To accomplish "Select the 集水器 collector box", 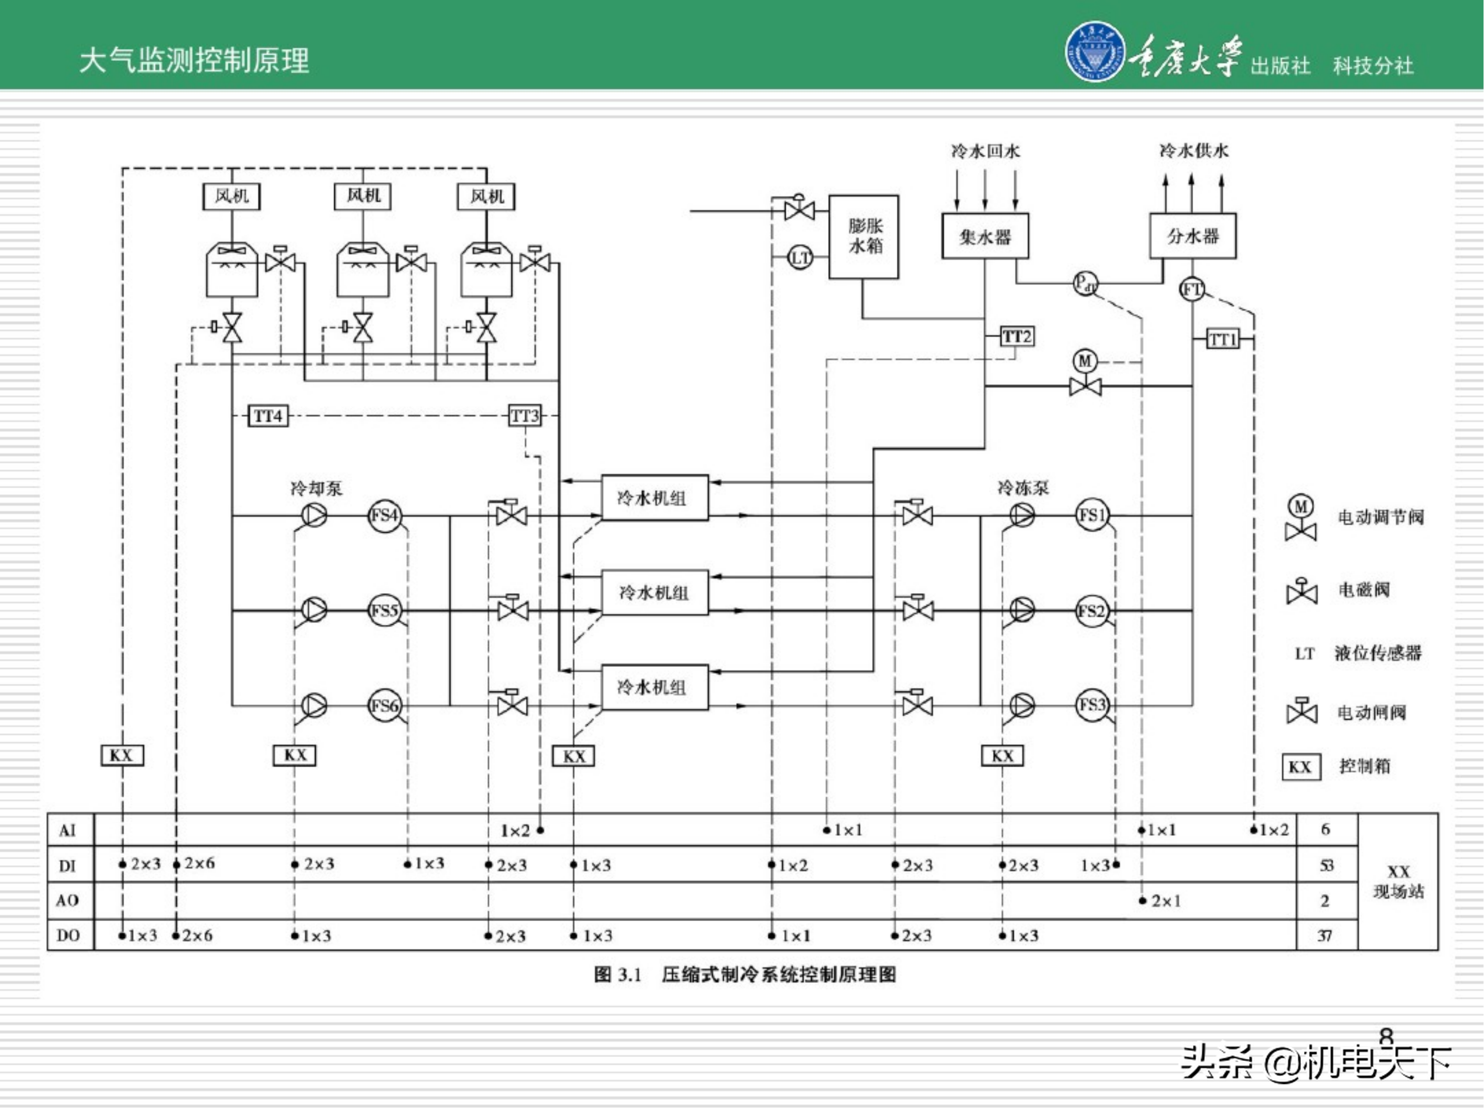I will click(x=984, y=236).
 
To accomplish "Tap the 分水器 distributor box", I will click(x=1192, y=236).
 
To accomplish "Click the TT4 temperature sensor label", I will click(x=268, y=416).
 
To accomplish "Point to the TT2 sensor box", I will click(x=1017, y=336).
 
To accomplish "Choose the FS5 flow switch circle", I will click(x=384, y=610).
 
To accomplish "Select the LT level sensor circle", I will click(x=800, y=258).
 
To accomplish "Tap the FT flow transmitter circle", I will click(x=1192, y=289).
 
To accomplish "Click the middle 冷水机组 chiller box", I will click(x=654, y=593).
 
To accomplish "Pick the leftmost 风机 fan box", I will click(x=232, y=196).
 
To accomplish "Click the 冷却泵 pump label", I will click(x=316, y=488).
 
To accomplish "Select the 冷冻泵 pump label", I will click(x=1022, y=488).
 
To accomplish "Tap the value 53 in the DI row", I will click(x=1326, y=866).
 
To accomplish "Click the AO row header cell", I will click(x=68, y=900).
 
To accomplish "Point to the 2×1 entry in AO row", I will click(x=1165, y=901).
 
